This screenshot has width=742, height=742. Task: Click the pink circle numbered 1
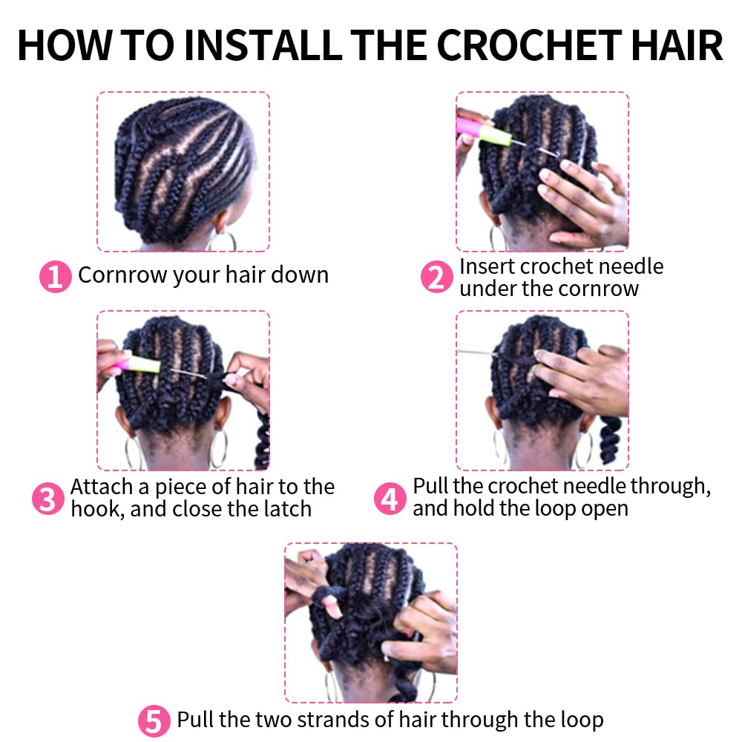click(56, 276)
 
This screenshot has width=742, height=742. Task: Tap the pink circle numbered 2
click(436, 277)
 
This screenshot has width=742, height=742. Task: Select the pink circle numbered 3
click(47, 499)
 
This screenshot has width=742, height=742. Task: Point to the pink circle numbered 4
click(390, 499)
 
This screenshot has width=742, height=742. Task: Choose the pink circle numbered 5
click(154, 721)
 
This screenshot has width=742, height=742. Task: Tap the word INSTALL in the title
click(263, 45)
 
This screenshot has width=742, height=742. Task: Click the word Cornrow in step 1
click(122, 275)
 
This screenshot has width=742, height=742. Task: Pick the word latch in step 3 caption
click(288, 509)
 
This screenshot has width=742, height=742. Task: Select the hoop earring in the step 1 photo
click(223, 240)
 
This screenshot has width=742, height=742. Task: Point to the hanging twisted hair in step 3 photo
click(262, 440)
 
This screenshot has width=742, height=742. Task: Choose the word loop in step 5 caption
click(582, 720)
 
